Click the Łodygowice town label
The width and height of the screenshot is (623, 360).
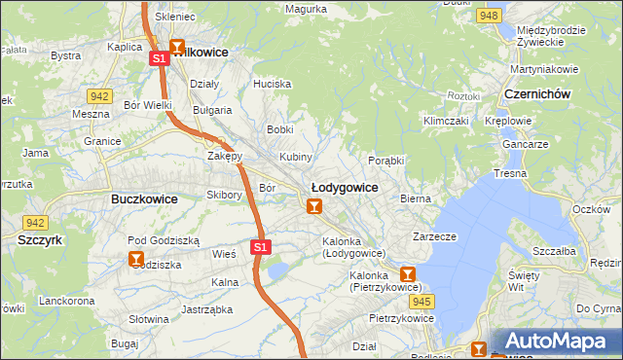(x=344, y=186)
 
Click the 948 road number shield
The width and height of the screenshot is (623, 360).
(x=490, y=16)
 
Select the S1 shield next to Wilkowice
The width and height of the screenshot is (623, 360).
(x=160, y=59)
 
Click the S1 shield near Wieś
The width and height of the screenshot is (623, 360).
(x=260, y=247)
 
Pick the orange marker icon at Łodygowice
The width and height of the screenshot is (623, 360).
(x=313, y=206)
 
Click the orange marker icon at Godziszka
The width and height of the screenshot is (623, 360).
(x=136, y=259)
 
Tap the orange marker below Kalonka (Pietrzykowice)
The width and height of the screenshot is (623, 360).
(x=408, y=275)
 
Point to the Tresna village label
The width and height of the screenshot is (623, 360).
(x=509, y=173)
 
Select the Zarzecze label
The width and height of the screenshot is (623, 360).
(x=434, y=235)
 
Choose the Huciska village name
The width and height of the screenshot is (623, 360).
(x=272, y=84)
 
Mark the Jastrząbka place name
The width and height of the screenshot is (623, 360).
(x=204, y=310)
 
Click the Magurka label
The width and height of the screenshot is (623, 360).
(x=306, y=9)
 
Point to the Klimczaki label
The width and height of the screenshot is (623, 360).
(x=445, y=121)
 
